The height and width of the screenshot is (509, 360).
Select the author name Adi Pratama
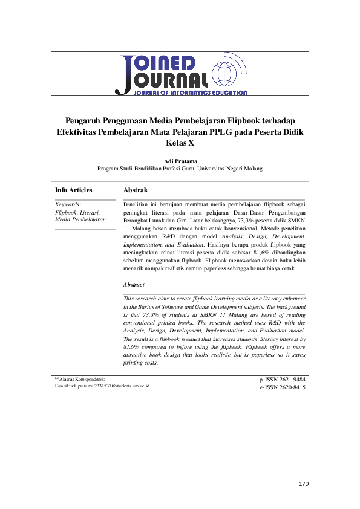[180, 161]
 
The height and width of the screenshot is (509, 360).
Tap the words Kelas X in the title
[180, 143]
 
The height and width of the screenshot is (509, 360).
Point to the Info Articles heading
[73, 190]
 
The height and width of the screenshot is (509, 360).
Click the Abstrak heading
[135, 190]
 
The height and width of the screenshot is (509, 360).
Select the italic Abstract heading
[134, 284]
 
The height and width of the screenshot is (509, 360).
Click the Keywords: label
[68, 205]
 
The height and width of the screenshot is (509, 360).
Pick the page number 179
[304, 485]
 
